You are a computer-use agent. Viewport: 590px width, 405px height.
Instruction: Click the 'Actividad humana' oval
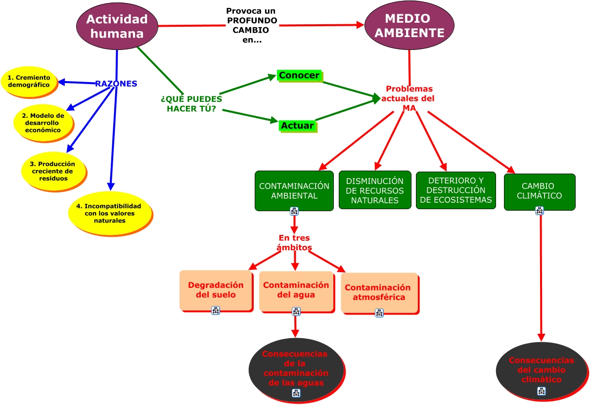(117, 26)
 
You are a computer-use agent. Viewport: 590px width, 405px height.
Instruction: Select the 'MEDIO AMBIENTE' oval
(409, 26)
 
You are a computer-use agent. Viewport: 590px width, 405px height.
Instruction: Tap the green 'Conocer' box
(299, 76)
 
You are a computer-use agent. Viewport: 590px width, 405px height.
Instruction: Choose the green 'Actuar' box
(297, 126)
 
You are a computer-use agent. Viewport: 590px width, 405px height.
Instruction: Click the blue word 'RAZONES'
(116, 84)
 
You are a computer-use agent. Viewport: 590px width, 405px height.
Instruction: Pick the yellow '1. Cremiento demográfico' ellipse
(29, 82)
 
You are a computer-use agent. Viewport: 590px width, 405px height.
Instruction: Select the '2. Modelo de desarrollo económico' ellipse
(44, 123)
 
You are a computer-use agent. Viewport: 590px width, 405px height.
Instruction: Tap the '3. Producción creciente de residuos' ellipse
(53, 171)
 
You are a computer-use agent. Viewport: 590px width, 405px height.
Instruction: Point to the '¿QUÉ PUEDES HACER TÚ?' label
(191, 103)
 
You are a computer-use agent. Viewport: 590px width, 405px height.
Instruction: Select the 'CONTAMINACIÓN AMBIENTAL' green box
(294, 190)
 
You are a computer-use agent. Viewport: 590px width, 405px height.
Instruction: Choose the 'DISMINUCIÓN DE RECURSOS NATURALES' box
(374, 190)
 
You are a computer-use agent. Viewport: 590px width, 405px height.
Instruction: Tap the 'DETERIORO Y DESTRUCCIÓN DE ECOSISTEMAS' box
(455, 190)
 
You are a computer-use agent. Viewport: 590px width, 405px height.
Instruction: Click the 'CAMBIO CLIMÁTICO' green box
(539, 191)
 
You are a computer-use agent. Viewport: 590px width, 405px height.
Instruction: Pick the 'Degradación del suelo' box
(216, 290)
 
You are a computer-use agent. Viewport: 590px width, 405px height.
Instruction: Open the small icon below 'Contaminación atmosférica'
(379, 313)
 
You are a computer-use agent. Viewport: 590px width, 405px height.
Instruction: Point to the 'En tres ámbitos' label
(294, 243)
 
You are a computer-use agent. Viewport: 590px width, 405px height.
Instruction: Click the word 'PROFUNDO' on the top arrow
(252, 21)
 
